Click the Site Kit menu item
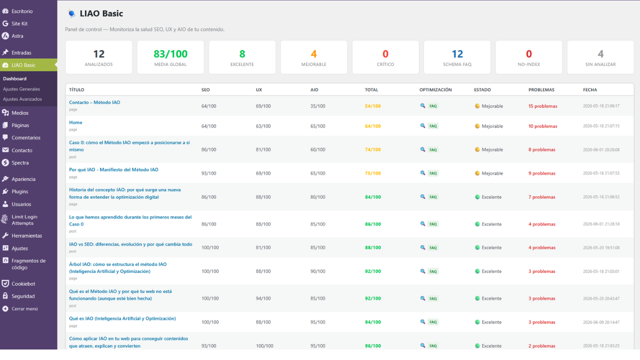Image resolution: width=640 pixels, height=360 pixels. [x=19, y=23]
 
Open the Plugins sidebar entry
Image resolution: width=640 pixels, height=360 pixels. [x=19, y=191]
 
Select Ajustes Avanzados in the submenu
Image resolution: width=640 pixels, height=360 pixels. [x=22, y=99]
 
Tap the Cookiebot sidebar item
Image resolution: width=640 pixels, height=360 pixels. [x=23, y=283]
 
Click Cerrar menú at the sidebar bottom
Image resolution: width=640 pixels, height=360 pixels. [x=24, y=308]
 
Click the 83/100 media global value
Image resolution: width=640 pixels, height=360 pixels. [x=170, y=54]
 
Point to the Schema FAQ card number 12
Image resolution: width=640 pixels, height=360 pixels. [x=457, y=54]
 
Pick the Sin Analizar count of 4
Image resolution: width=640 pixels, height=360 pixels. [x=600, y=54]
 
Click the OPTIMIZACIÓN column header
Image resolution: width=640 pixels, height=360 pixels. [x=435, y=89]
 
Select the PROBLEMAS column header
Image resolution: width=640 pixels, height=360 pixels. [x=541, y=89]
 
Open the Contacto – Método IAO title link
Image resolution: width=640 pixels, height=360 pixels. [x=94, y=102]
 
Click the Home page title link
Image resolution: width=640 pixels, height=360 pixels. [x=75, y=122]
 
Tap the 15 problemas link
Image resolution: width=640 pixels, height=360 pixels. [x=543, y=106]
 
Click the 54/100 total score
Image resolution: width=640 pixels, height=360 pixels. [x=373, y=106]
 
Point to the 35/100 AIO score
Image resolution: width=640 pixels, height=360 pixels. [x=317, y=106]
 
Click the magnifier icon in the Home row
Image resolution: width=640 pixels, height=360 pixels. [x=422, y=125]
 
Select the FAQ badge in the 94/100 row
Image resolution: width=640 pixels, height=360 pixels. [x=433, y=322]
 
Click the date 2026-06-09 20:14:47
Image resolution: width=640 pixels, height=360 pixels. [x=601, y=322]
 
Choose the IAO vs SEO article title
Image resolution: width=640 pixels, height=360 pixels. [x=130, y=244]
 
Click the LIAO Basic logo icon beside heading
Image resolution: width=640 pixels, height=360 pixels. [x=71, y=13]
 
